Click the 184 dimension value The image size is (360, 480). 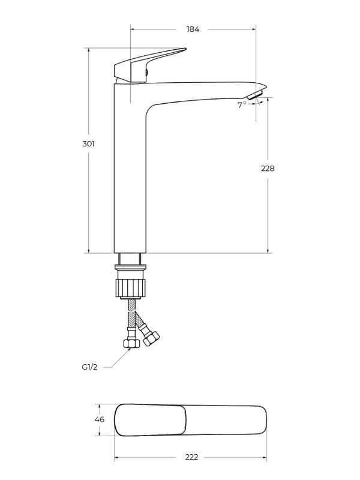click(193, 29)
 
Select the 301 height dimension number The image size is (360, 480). click(88, 143)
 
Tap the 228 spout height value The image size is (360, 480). click(268, 169)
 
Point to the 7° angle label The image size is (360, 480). click(242, 104)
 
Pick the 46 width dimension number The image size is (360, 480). click(100, 419)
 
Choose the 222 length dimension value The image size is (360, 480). click(191, 457)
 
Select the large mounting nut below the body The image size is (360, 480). click(130, 286)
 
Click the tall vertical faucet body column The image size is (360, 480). click(130, 180)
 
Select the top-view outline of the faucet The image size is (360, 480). click(190, 419)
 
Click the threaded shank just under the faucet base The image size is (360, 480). click(130, 259)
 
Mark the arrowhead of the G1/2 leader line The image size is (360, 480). click(125, 350)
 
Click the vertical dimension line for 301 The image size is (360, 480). click(89, 198)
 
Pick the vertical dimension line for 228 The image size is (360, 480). click(268, 210)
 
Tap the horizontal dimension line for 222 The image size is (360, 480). click(156, 457)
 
